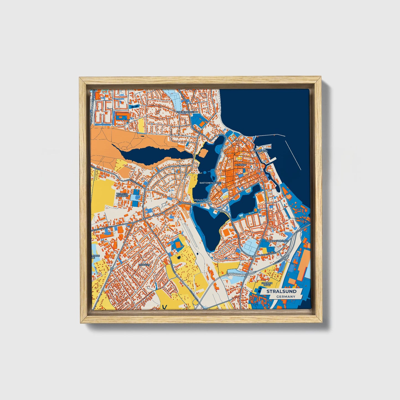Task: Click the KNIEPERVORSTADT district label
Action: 187,112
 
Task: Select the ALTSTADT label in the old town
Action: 240,165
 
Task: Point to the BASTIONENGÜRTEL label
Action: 210,183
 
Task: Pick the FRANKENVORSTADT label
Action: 277,241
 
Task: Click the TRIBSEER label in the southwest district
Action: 144,265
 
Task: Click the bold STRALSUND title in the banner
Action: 282,291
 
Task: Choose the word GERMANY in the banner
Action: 285,297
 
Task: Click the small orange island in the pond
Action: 203,153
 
